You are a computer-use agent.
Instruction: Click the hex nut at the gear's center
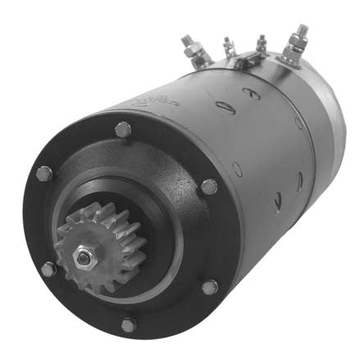point(84,256)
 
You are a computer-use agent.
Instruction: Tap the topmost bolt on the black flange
point(122,129)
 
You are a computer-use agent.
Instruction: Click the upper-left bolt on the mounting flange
point(43,173)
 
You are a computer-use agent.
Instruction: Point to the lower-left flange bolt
point(48,268)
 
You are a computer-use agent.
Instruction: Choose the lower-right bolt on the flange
point(210,287)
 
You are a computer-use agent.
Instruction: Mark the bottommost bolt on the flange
point(129,326)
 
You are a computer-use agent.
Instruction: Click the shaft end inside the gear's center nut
point(84,256)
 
